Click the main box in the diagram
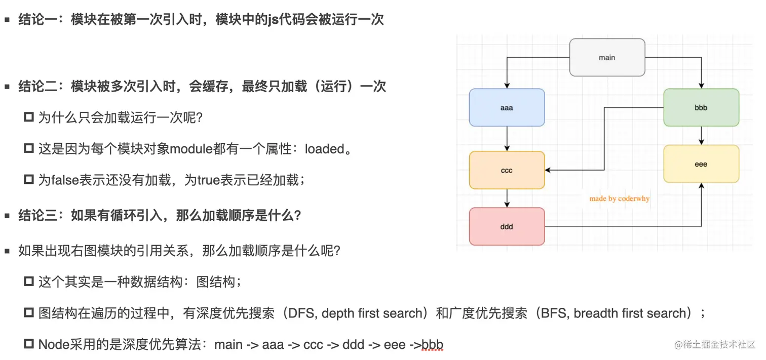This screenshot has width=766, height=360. tap(607, 57)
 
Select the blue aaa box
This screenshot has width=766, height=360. tap(507, 107)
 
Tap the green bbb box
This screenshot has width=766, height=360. tap(701, 107)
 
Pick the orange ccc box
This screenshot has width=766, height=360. tap(507, 170)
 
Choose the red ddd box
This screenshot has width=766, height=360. tap(507, 226)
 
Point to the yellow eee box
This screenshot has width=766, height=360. tap(701, 164)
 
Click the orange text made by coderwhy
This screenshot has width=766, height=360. tap(619, 198)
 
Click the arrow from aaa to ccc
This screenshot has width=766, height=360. tap(507, 138)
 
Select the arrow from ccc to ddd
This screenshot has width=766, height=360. tap(507, 198)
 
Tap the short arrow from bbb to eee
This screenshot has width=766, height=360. tap(701, 135)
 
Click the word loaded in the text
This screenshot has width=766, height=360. tap(324, 149)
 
